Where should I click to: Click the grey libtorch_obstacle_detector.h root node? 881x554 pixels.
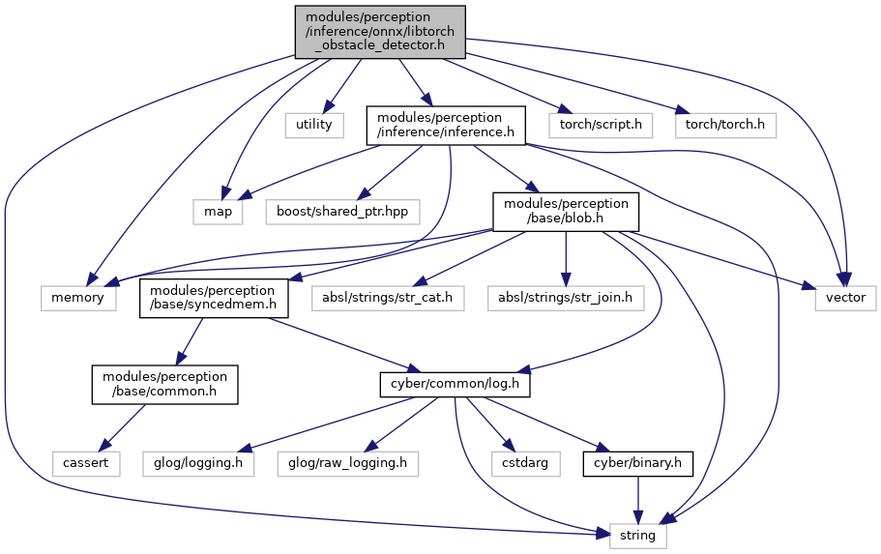pyautogui.click(x=380, y=32)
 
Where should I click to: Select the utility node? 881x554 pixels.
pyautogui.click(x=314, y=125)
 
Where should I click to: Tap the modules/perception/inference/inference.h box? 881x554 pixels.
pyautogui.click(x=446, y=126)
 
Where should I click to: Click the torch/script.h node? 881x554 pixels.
pyautogui.click(x=601, y=125)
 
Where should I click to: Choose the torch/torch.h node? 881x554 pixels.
pyautogui.click(x=725, y=125)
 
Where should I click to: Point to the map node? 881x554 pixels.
pyautogui.click(x=218, y=212)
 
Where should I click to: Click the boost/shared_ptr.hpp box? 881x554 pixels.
pyautogui.click(x=342, y=212)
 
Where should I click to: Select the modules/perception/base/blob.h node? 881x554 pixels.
pyautogui.click(x=566, y=212)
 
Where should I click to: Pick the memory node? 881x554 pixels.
pyautogui.click(x=78, y=298)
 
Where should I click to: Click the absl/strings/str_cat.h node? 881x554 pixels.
pyautogui.click(x=388, y=298)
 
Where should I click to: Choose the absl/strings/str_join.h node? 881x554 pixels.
pyautogui.click(x=565, y=298)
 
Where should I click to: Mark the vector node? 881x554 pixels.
pyautogui.click(x=845, y=298)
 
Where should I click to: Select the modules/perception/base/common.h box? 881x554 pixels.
pyautogui.click(x=165, y=384)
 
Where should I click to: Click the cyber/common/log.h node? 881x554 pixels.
pyautogui.click(x=455, y=384)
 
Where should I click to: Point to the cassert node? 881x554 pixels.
pyautogui.click(x=86, y=463)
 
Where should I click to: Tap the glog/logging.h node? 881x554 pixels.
pyautogui.click(x=198, y=463)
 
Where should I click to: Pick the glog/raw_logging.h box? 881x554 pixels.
pyautogui.click(x=348, y=463)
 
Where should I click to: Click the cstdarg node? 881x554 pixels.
pyautogui.click(x=526, y=463)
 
